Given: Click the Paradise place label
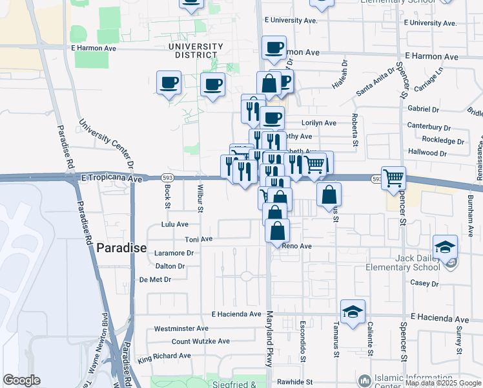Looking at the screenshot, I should pos(121,248).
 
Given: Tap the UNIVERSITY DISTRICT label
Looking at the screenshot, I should pos(195,50).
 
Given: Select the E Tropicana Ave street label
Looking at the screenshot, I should pos(112,178).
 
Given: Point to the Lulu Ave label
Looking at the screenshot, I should pos(174,224).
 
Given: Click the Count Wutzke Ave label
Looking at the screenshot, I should pos(200,341).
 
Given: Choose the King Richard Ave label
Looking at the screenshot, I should pos(164,356).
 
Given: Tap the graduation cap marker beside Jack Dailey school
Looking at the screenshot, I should pos(445,248).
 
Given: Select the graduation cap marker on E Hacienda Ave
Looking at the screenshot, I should pos(353,312).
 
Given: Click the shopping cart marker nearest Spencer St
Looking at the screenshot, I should pos(393,177).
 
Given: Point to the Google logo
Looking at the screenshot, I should pos(21,380).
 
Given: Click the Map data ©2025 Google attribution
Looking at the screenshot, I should pos(442,383).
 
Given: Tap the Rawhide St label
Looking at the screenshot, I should pos(295,382).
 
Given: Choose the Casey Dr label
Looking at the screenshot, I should pos(424,283).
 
